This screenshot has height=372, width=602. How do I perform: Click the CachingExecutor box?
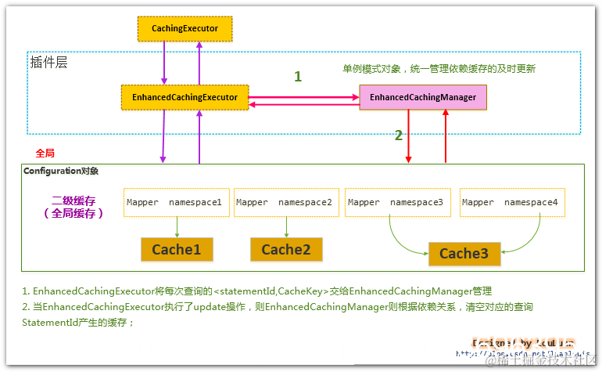pyautogui.click(x=184, y=29)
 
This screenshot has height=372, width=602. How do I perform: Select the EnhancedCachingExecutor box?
pyautogui.click(x=185, y=98)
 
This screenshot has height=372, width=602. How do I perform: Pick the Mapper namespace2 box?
pyautogui.click(x=285, y=202)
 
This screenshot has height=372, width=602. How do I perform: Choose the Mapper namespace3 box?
pyautogui.click(x=396, y=202)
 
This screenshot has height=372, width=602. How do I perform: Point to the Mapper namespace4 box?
pyautogui.click(x=511, y=202)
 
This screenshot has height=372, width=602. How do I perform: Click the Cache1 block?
pyautogui.click(x=176, y=249)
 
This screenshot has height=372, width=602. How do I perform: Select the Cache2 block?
pyautogui.click(x=286, y=249)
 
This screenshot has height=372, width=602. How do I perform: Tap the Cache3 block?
pyautogui.click(x=464, y=253)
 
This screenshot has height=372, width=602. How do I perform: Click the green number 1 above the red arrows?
pyautogui.click(x=297, y=77)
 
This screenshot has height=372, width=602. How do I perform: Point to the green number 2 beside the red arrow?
pyautogui.click(x=398, y=135)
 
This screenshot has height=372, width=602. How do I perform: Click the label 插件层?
pyautogui.click(x=48, y=62)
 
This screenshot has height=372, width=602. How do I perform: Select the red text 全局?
pyautogui.click(x=45, y=153)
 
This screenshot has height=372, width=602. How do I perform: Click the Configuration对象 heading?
pyautogui.click(x=61, y=171)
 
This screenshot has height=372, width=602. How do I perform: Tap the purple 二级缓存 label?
pyautogui.click(x=74, y=200)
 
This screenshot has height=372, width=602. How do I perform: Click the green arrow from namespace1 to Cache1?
pyautogui.click(x=177, y=226)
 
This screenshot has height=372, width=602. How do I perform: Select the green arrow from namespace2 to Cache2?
pyautogui.click(x=286, y=226)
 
